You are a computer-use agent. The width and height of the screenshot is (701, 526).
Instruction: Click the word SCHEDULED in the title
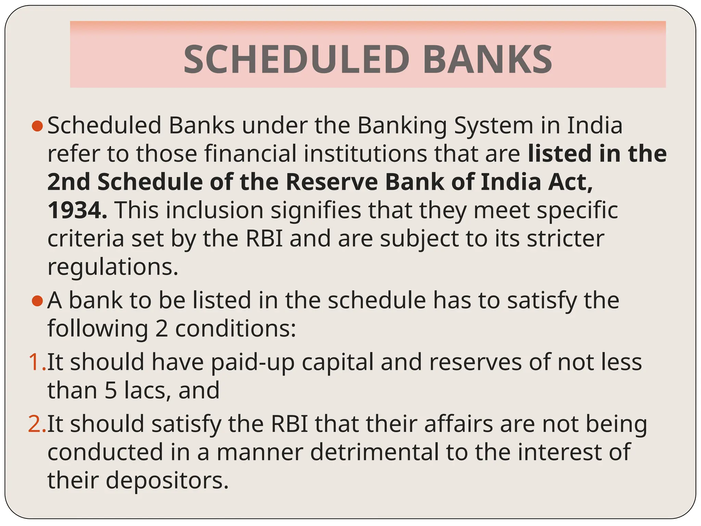coord(296,60)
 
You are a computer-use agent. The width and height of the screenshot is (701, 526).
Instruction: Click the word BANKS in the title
coord(487,60)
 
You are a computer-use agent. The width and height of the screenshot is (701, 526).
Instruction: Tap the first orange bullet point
coord(37,126)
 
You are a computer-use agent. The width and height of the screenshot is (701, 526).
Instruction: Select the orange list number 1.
coord(36,362)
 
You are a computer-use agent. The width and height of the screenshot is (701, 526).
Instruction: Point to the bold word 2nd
coord(68,182)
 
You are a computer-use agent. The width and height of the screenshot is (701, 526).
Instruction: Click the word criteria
coord(86,238)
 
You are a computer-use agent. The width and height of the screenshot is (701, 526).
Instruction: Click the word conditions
coord(235,329)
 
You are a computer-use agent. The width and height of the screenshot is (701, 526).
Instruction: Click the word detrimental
coord(374,452)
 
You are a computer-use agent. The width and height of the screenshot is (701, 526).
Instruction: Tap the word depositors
coord(167,480)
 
